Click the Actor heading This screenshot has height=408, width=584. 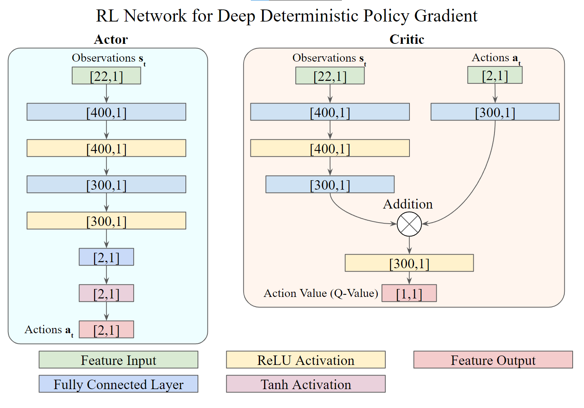[x=111, y=40]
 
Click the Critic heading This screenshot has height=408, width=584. [x=407, y=39]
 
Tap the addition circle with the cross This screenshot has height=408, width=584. [x=409, y=224]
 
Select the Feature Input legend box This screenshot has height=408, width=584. [x=118, y=360]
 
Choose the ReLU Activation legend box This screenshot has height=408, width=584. [x=306, y=360]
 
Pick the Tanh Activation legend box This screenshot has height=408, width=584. [x=306, y=384]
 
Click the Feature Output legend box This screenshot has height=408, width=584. [x=493, y=360]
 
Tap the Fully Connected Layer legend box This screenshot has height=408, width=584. [x=118, y=384]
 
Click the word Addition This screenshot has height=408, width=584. [x=408, y=204]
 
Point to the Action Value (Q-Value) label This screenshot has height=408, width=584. [x=321, y=294]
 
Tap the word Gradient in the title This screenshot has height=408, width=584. [x=446, y=15]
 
